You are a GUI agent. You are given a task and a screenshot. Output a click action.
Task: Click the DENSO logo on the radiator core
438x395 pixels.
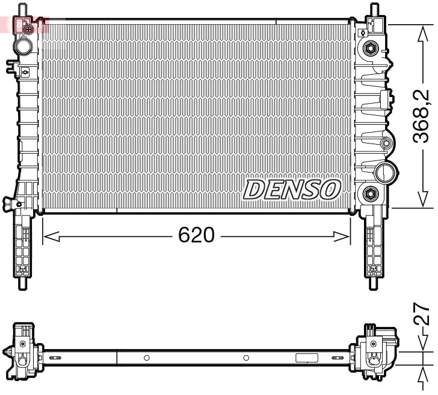pyautogui.click(x=292, y=189)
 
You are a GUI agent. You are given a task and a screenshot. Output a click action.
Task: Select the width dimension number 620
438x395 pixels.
pyautogui.click(x=196, y=236)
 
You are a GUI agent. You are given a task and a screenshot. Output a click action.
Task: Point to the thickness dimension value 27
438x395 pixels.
pyautogui.click(x=423, y=315)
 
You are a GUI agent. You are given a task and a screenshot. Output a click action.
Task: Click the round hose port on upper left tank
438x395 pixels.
pyautogui.click(x=24, y=45)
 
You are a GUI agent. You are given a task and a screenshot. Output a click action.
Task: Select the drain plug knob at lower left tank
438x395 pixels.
pyautogui.click(x=8, y=203)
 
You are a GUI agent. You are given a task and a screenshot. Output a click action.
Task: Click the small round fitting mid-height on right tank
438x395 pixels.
pyautogui.click(x=386, y=144)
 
